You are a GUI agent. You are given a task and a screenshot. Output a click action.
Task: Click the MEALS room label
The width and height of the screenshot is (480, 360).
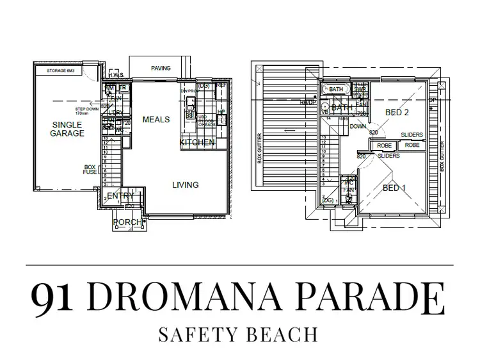(x=156, y=120)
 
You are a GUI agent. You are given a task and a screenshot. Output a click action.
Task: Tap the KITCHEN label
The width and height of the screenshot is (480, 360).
(x=197, y=142)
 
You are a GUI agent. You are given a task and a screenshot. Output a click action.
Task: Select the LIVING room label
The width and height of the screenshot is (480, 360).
(x=186, y=185)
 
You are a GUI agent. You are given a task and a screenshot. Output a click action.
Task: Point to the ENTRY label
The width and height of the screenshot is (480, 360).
(x=120, y=196)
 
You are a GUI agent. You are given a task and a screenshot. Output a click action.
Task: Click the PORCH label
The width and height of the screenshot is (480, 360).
(x=127, y=222)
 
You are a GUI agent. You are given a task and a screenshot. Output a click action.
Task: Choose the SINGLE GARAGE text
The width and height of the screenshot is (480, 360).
(x=67, y=129)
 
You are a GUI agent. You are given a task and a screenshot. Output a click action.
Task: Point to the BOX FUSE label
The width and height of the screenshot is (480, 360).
(x=90, y=170)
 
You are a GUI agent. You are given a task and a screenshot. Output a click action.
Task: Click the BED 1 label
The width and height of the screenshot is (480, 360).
(x=394, y=188)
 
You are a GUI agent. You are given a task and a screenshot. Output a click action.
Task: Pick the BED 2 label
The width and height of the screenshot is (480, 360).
(x=397, y=112)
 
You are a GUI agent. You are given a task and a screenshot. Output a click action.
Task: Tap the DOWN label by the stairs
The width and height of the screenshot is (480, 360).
(x=358, y=127)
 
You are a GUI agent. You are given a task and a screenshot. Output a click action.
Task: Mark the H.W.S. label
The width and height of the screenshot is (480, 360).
(x=115, y=76)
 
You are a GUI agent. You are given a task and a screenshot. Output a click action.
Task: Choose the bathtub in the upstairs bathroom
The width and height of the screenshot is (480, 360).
(x=336, y=90)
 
